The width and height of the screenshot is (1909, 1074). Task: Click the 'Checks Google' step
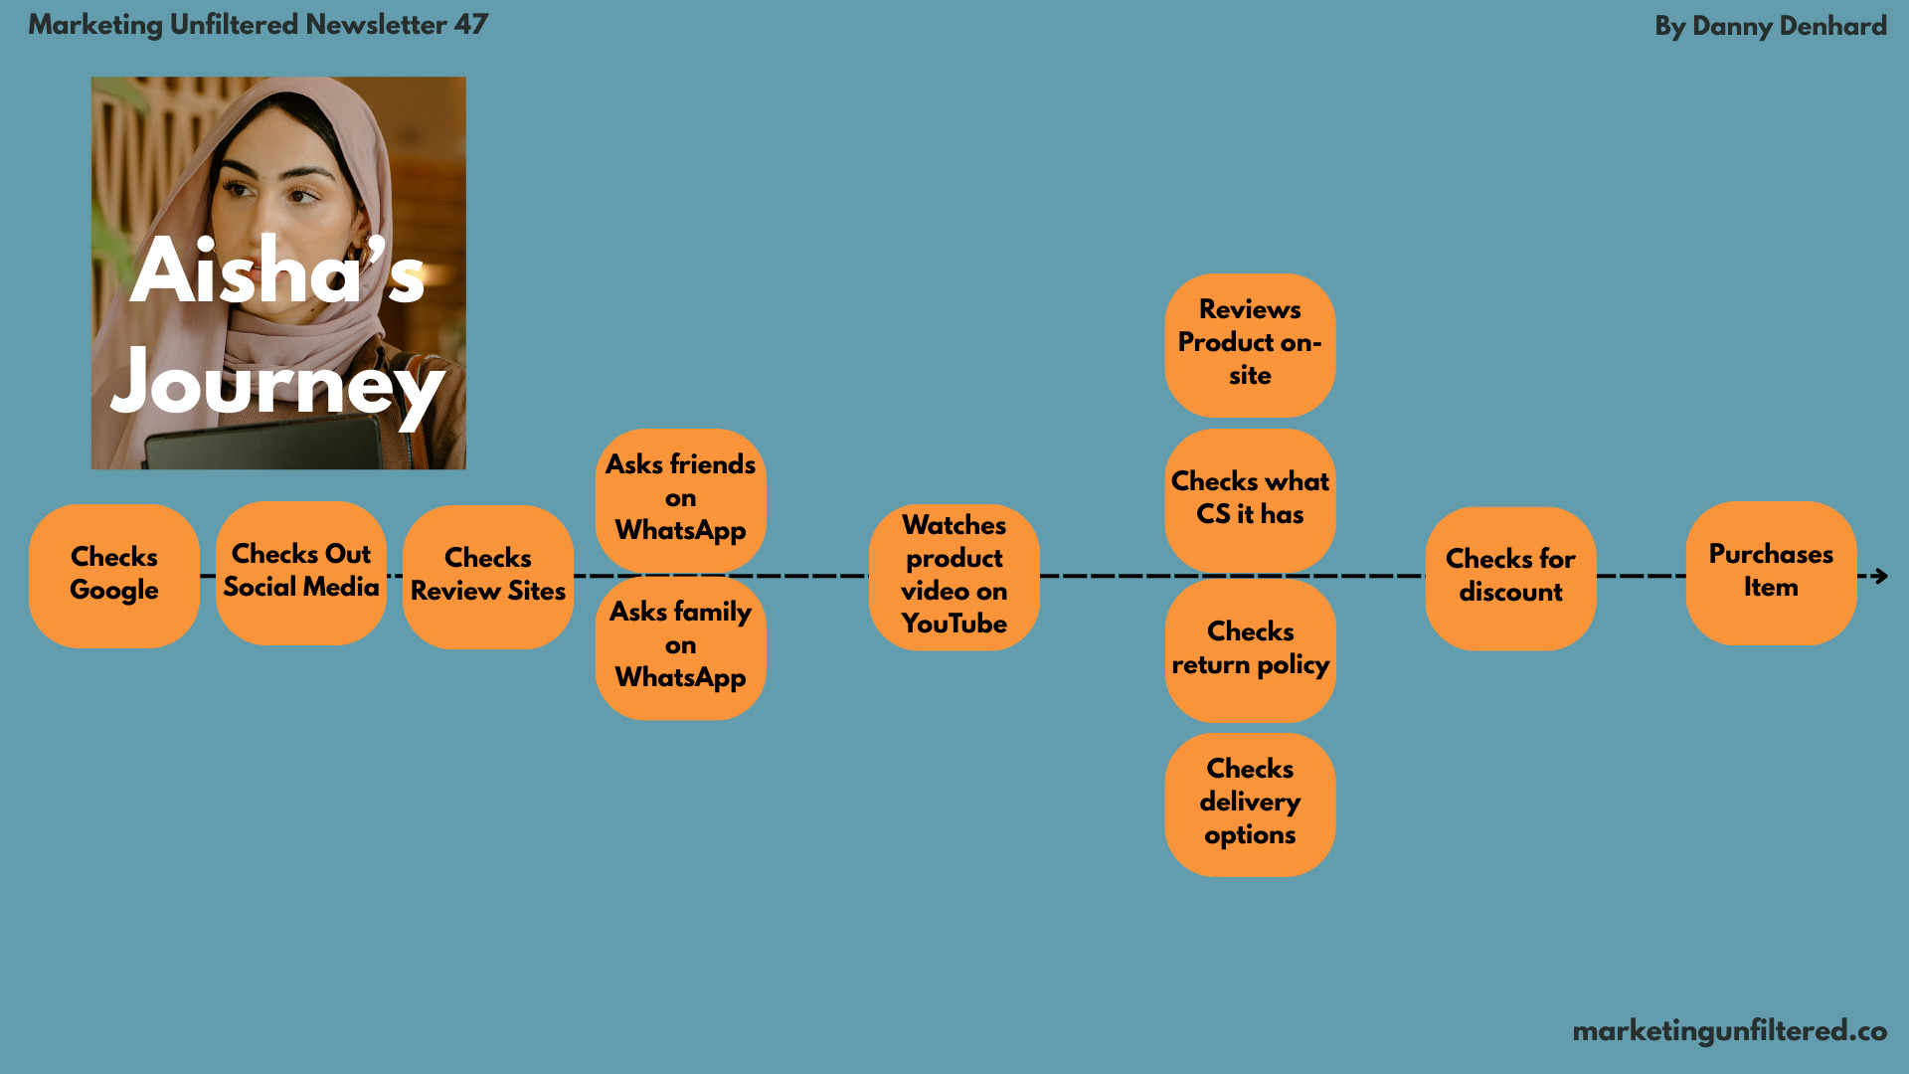pos(114,575)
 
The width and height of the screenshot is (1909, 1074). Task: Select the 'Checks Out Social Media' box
pos(301,572)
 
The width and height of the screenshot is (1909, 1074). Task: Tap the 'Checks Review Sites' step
pos(488,576)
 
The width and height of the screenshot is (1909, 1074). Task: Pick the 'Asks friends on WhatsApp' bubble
pos(681,498)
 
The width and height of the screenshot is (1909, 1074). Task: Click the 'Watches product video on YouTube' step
pos(954,576)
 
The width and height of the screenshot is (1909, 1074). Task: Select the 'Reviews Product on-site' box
pos(1250,344)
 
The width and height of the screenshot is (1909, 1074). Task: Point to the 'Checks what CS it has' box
pos(1250,498)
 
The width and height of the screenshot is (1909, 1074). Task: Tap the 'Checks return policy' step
pos(1250,649)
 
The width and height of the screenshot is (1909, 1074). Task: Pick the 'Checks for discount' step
pos(1510,577)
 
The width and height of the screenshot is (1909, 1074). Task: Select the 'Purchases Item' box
pos(1771,572)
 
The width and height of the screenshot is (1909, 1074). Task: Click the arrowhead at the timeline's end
pos(1879,576)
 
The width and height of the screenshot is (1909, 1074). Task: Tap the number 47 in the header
pos(470,25)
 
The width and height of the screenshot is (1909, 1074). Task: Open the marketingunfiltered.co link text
pos(1729,1031)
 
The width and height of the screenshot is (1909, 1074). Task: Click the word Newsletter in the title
pos(376,25)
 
